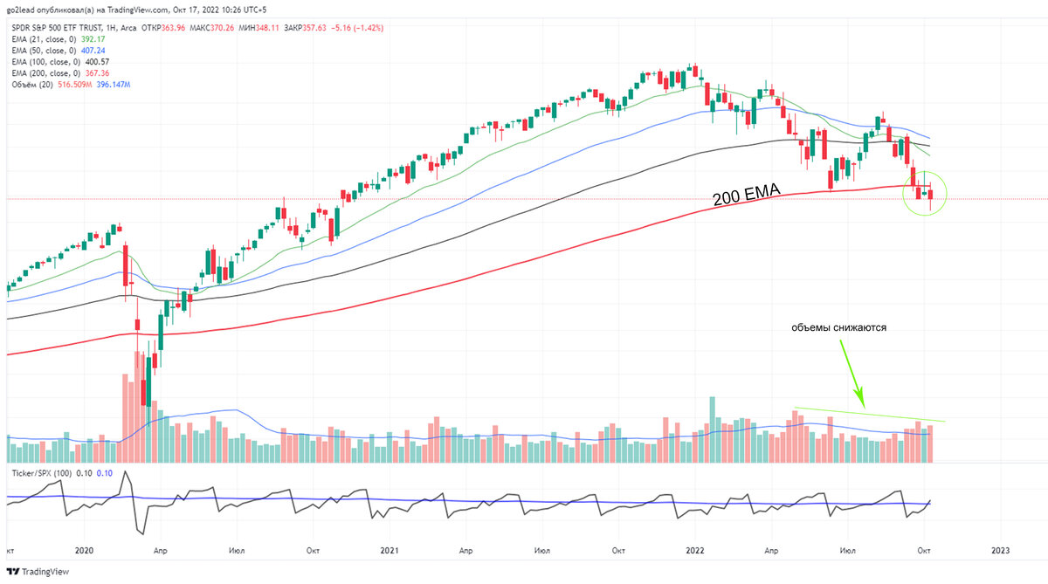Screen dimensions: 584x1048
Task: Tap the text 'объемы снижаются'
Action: [x=838, y=328]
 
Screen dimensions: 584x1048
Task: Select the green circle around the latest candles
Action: [x=926, y=192]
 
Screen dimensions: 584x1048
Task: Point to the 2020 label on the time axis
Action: [x=84, y=551]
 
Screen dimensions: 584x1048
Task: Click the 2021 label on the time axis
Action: [x=390, y=551]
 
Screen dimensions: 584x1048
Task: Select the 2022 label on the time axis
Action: [x=696, y=551]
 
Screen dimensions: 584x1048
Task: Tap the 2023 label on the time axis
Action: [x=1001, y=551]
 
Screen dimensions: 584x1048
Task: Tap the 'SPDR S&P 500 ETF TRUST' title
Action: [x=63, y=27]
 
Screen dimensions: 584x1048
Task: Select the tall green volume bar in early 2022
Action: [x=713, y=429]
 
